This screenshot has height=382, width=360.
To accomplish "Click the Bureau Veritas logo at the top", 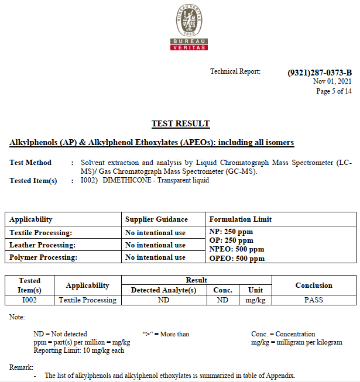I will [x=188, y=27].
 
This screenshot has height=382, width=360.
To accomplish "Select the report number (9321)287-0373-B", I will [x=320, y=73].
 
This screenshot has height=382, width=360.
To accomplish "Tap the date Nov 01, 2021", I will [x=332, y=81].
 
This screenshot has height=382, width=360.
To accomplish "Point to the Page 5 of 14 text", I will [x=334, y=91].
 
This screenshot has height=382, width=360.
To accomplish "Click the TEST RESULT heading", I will [x=180, y=123].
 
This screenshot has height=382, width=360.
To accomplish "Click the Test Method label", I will [x=30, y=163].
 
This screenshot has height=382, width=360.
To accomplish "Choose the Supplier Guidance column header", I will [x=156, y=219].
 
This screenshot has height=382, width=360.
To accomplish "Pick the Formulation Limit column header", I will [x=240, y=219].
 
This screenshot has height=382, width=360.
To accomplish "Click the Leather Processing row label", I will [x=42, y=245].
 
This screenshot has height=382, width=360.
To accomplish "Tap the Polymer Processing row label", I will [x=43, y=257].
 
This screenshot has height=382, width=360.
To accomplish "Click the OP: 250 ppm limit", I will [x=231, y=240].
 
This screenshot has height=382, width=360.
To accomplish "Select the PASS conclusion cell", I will [x=313, y=300].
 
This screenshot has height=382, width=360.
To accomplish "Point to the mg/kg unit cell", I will [x=255, y=300].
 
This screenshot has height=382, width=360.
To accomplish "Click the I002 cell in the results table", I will [x=29, y=300].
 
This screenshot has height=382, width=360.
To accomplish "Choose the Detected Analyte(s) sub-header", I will [x=163, y=290].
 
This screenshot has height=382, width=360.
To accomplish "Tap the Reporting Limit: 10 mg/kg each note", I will [x=79, y=350].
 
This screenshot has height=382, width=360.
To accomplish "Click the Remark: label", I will [x=21, y=367].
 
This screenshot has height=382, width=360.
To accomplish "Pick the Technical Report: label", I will [x=235, y=71].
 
